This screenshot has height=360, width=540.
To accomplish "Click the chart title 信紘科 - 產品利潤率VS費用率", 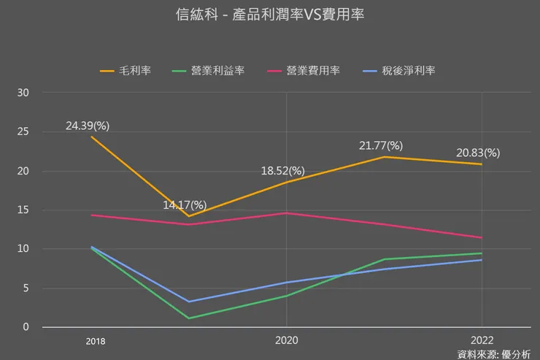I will [x=270, y=15].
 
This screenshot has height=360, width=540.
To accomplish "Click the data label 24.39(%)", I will [x=88, y=126].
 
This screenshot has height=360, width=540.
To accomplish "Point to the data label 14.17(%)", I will [x=185, y=204].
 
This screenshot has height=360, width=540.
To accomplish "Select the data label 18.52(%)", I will [x=283, y=171].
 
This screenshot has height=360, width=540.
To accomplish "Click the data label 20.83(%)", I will [x=478, y=153].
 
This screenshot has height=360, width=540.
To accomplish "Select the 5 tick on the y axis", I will [x=26, y=288].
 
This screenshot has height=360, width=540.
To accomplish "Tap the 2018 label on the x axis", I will [x=96, y=341].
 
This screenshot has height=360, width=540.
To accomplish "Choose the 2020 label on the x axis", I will [x=286, y=341].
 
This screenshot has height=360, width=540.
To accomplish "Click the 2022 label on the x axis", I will [x=482, y=341].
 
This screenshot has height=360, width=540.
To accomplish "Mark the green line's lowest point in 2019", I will [x=189, y=318].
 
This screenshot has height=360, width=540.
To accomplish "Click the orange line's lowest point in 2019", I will [x=189, y=216].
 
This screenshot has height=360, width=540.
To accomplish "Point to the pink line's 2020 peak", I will [x=286, y=213].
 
